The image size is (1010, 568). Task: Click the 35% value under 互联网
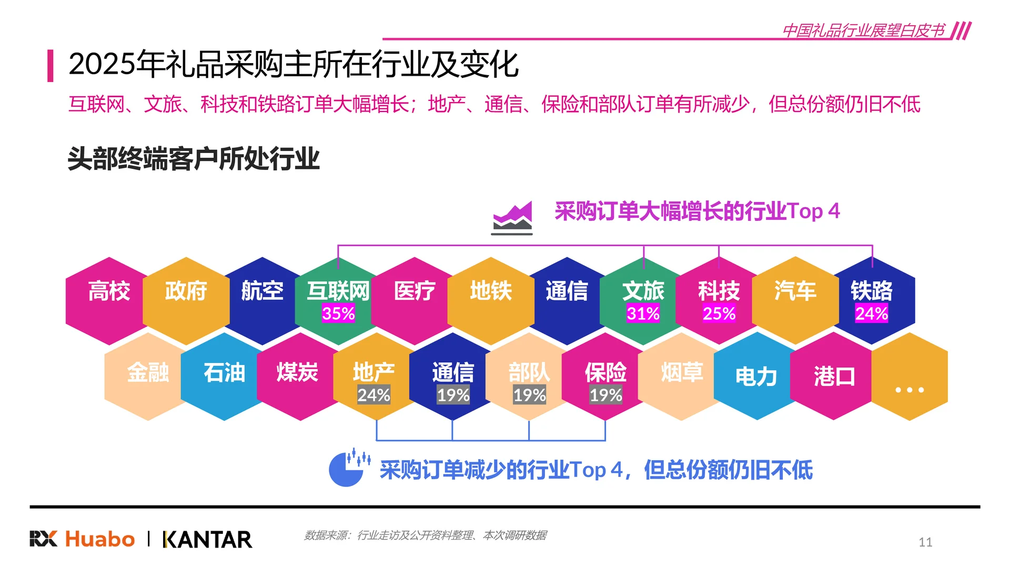coord(338,313)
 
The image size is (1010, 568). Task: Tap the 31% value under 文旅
coord(643,313)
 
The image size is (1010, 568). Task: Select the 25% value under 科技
coord(719,313)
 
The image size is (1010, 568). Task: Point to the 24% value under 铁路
coord(872,313)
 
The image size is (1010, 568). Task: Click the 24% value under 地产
coord(373,395)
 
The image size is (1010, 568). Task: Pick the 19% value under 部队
coord(529,395)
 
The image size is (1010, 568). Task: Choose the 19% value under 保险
coord(605,395)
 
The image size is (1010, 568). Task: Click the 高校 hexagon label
coord(109,291)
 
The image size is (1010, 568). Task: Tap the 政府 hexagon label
coord(186,291)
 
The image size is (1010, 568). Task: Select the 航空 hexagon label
coord(262,291)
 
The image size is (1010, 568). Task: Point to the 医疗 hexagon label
coord(415,291)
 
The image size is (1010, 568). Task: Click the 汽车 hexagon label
coord(795,291)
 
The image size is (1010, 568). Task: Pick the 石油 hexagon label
coord(225,373)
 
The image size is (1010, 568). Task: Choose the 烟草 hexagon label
coord(682,373)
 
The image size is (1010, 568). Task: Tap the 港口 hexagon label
coord(834,377)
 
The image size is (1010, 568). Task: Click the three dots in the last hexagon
coord(910,390)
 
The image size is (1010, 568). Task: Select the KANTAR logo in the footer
coord(208,540)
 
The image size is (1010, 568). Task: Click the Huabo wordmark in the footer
coord(100,540)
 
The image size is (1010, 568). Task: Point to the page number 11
coord(925,542)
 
